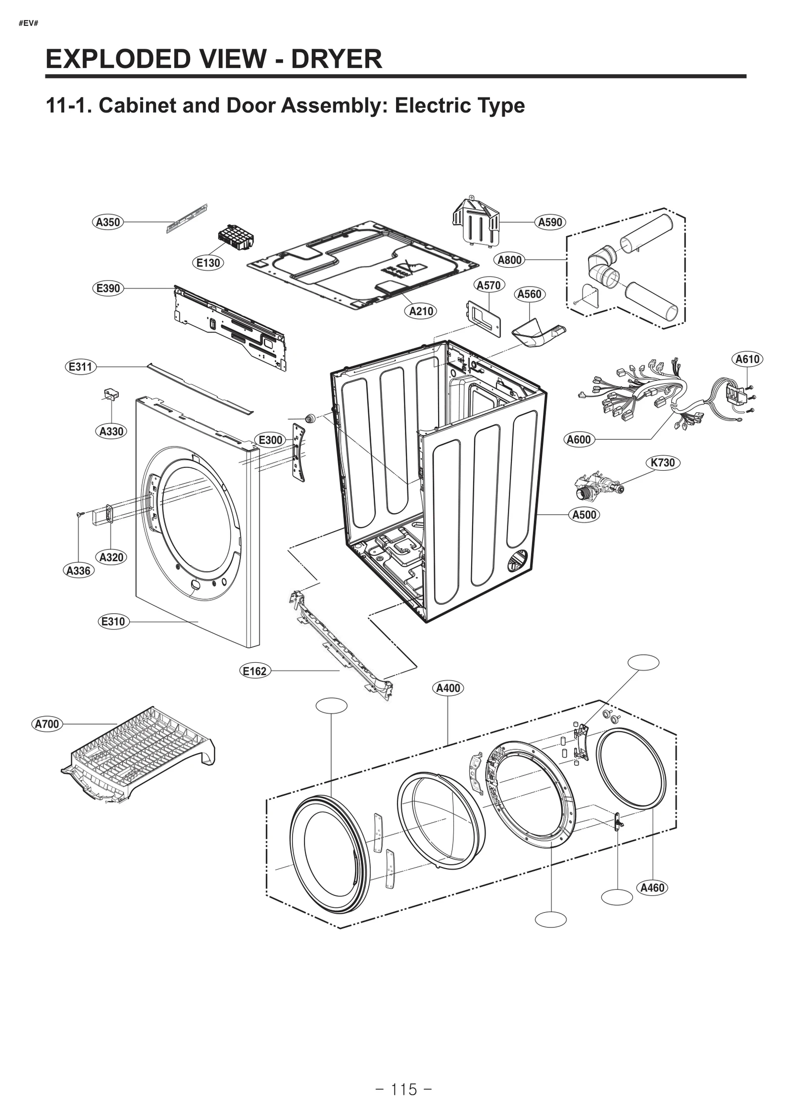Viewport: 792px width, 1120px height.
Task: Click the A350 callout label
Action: tap(108, 222)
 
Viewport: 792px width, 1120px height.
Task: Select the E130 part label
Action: tap(208, 263)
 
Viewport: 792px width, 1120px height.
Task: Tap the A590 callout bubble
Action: tap(550, 222)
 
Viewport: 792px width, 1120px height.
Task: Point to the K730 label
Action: tap(662, 463)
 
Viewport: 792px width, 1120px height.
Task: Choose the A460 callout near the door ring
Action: tap(652, 888)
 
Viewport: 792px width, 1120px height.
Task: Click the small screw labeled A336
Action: tap(79, 515)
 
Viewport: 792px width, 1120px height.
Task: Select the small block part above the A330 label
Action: tap(111, 394)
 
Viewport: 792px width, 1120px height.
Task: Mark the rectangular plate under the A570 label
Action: tap(484, 318)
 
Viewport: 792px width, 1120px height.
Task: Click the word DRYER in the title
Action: tap(336, 59)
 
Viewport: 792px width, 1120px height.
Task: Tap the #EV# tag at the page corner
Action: tap(28, 23)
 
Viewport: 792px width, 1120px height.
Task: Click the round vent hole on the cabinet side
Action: tap(519, 560)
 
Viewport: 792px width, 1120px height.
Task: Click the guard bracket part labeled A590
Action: tap(475, 221)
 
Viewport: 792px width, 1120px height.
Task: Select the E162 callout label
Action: tap(255, 671)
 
